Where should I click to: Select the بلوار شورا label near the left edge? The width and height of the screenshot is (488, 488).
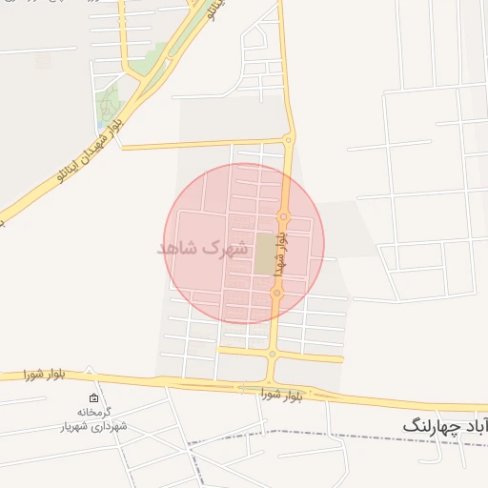pos(43,375)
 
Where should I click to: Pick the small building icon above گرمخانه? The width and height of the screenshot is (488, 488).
pos(93,398)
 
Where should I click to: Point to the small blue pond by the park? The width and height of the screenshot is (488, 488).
pos(101,123)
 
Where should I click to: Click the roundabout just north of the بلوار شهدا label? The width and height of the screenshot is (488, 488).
pos(283,216)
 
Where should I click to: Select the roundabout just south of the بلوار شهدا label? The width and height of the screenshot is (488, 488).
pos(276,293)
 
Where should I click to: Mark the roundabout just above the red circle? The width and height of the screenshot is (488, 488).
pos(289,140)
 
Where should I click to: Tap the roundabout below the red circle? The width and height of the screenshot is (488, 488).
pos(272,354)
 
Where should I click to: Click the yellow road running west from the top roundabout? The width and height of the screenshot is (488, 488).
pos(200,145)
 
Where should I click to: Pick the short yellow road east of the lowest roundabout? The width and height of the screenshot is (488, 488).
pos(310,356)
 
